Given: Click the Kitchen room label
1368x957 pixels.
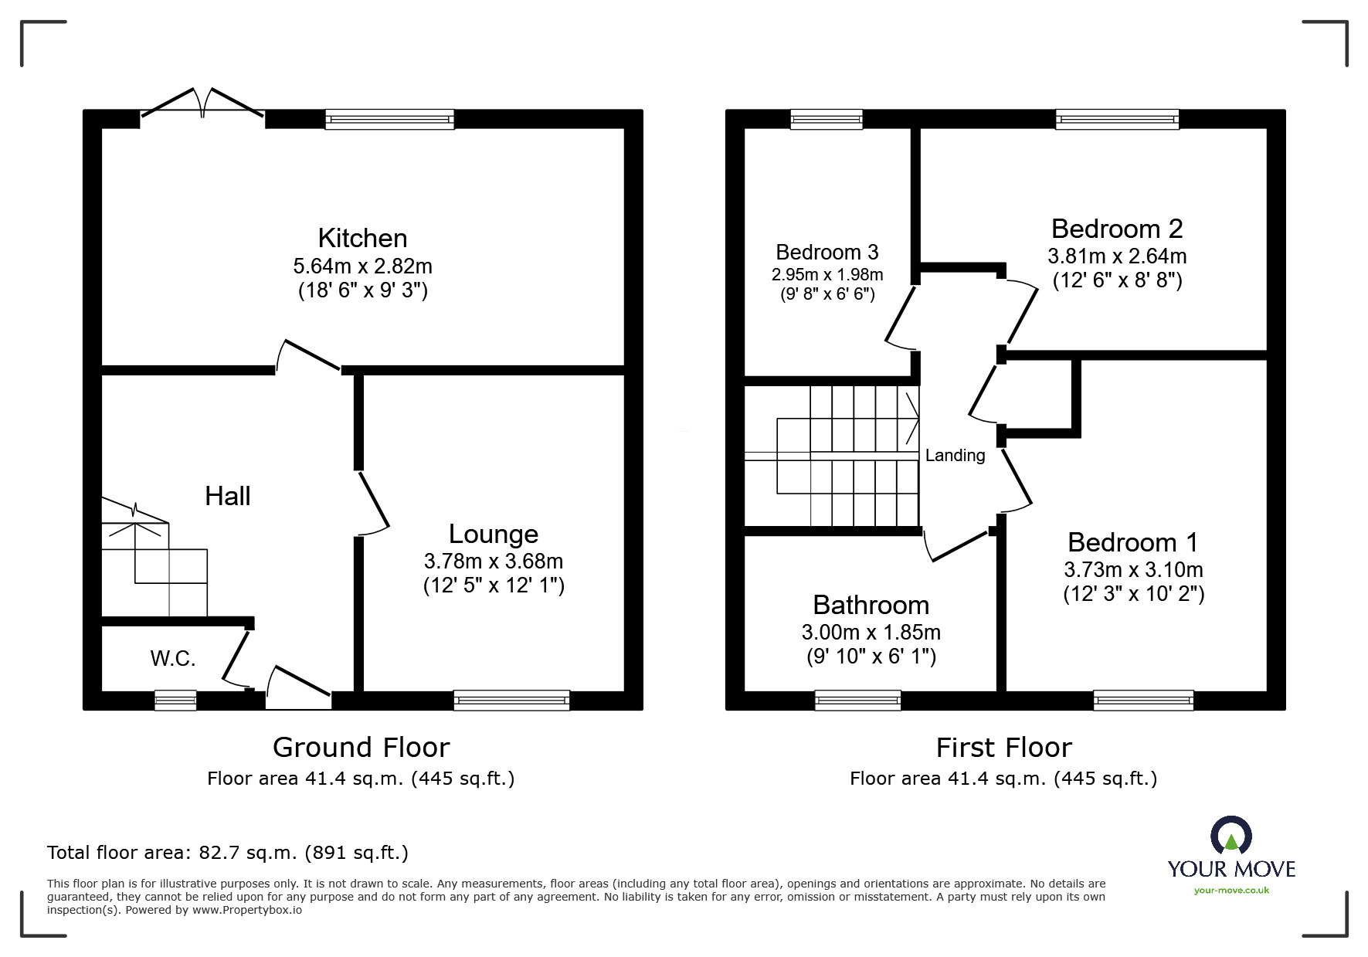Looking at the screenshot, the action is click(x=362, y=238).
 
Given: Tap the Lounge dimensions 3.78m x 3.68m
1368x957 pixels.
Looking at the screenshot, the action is click(x=494, y=561).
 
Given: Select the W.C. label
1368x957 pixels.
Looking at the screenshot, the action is click(x=172, y=658).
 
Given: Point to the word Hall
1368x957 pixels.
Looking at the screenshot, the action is click(x=228, y=496).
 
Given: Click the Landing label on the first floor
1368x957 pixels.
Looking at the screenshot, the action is click(x=956, y=456).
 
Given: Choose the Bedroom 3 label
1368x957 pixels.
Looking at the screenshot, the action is click(x=827, y=252).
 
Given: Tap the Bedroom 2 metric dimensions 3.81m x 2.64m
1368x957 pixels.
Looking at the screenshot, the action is click(x=1117, y=256).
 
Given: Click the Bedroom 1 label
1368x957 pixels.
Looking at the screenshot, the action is click(x=1133, y=542).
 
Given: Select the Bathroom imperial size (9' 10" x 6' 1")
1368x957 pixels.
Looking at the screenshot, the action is click(x=871, y=657).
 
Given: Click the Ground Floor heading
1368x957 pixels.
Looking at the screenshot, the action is click(x=361, y=748).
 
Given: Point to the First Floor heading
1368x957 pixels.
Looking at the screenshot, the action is click(x=1004, y=748).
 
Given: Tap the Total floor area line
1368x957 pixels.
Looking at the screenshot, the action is click(x=228, y=853).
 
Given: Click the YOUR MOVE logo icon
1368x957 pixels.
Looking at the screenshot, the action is click(x=1231, y=836).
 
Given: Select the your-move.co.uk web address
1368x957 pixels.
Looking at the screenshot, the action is click(x=1231, y=891).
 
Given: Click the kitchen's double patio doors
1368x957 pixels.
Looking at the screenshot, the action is click(x=203, y=107).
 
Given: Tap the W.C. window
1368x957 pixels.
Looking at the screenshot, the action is click(x=175, y=701).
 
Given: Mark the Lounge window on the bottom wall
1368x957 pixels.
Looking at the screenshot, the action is click(x=512, y=701).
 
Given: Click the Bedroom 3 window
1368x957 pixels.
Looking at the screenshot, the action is click(x=827, y=119).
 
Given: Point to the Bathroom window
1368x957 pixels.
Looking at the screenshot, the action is click(x=858, y=701).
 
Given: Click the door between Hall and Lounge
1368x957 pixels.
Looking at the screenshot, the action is click(x=372, y=502).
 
